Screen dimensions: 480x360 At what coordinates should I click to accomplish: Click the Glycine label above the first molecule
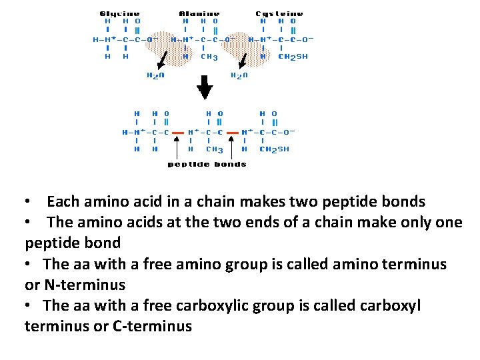120,13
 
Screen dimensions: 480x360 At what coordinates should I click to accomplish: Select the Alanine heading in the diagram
199,13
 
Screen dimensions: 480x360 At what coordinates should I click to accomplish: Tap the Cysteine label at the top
279,13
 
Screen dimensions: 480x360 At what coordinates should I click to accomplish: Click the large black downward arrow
205,85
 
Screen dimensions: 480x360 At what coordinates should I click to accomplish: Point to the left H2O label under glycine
155,75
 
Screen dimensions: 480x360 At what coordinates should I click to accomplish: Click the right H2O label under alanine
239,75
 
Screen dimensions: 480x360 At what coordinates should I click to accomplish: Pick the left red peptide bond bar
178,133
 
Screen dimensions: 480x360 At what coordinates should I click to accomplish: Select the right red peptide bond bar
233,133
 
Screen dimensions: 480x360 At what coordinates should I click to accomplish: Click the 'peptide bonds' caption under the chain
207,164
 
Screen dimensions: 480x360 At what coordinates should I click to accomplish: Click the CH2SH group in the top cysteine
293,57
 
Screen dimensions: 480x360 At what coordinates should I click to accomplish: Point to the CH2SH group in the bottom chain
274,149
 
